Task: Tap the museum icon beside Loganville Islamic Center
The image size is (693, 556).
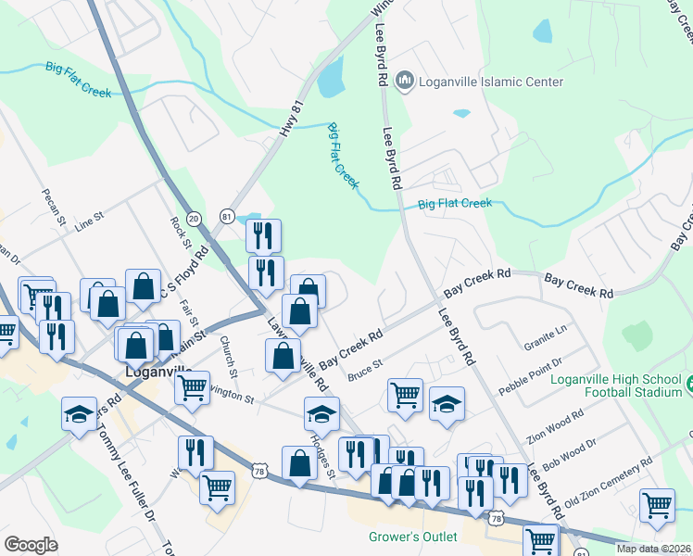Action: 404,82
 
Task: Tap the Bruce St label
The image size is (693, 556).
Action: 365,372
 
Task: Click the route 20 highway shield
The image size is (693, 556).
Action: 194,218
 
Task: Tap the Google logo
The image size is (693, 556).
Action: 31,544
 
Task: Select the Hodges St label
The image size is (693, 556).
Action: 325,454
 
